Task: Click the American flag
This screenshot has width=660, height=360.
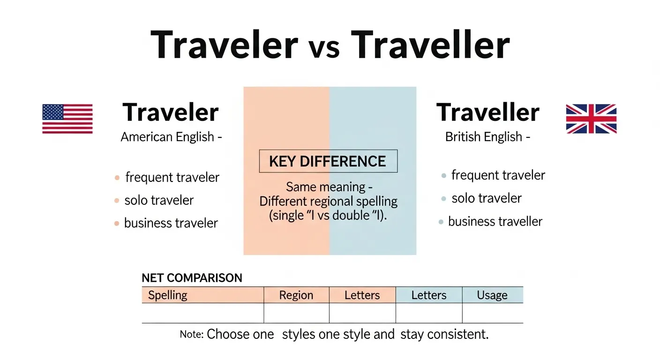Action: pyautogui.click(x=67, y=119)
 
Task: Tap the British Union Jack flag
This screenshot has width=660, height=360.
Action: pyautogui.click(x=591, y=119)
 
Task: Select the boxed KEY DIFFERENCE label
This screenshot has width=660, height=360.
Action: pyautogui.click(x=328, y=161)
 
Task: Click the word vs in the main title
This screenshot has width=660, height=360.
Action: pyautogui.click(x=324, y=47)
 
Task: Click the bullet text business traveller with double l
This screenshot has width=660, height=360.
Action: pyautogui.click(x=495, y=221)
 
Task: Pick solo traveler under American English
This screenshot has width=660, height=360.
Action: pyautogui.click(x=159, y=200)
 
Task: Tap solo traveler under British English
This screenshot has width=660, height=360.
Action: pyautogui.click(x=487, y=198)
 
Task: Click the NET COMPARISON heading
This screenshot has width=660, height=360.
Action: pyautogui.click(x=192, y=278)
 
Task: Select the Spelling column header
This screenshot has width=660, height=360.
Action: pyautogui.click(x=168, y=295)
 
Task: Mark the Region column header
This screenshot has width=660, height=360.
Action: pyautogui.click(x=296, y=295)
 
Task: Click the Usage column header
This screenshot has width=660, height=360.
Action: pyautogui.click(x=492, y=295)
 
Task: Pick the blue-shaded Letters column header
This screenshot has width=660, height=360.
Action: pyautogui.click(x=429, y=295)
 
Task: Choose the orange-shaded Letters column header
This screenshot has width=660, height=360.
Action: pyautogui.click(x=362, y=295)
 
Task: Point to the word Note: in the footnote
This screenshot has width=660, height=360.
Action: pyautogui.click(x=192, y=335)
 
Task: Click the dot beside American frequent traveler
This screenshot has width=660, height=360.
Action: pyautogui.click(x=117, y=178)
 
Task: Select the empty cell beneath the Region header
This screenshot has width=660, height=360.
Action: pyautogui.click(x=296, y=313)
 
